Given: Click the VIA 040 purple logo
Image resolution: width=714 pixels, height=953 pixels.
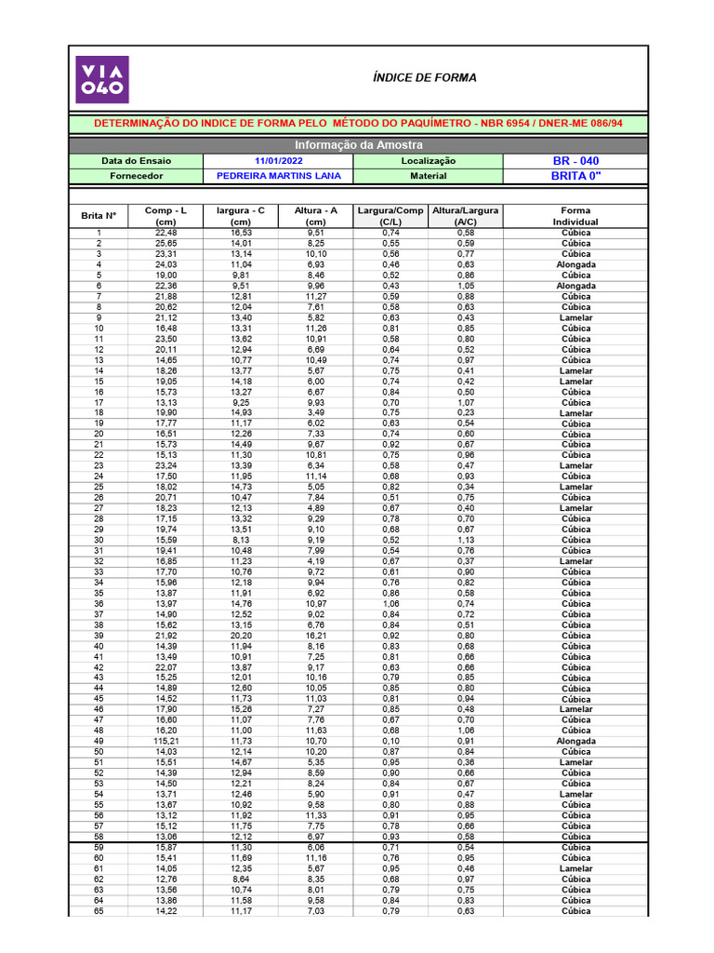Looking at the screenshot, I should click(x=102, y=79).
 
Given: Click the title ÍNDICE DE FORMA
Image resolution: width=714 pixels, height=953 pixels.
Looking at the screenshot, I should click(x=424, y=78).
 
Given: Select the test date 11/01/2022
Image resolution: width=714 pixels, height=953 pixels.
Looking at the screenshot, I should click(x=278, y=161).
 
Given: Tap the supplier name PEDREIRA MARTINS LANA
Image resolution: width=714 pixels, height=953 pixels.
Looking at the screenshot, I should click(x=278, y=175).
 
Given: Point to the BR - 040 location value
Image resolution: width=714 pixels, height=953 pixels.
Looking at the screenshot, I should click(x=575, y=161).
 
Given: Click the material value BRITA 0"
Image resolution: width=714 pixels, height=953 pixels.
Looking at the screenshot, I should click(x=575, y=175).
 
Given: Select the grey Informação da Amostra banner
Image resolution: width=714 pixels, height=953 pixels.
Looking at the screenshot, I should click(x=358, y=145).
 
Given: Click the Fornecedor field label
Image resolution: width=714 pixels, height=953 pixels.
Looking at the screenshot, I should click(x=136, y=175).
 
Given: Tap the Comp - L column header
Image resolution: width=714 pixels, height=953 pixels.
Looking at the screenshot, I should click(x=165, y=216).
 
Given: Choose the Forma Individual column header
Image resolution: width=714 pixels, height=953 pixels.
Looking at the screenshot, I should click(x=575, y=216).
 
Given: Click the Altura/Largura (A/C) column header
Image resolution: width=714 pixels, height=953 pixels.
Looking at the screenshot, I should click(x=466, y=216).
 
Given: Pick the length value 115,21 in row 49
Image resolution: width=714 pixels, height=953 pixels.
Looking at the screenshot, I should click(x=165, y=742).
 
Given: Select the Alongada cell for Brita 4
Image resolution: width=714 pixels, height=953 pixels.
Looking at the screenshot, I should click(x=575, y=265).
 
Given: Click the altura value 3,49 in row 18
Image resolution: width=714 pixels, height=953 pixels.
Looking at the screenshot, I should click(x=315, y=413).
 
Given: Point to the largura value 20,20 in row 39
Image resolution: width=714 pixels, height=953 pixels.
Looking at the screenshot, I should click(x=241, y=636).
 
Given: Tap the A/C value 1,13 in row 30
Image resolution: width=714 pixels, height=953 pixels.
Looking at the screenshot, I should click(x=466, y=541).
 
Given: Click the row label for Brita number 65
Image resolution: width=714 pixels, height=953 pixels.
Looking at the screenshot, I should click(x=99, y=911).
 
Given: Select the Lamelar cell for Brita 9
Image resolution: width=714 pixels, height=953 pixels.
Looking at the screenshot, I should click(x=575, y=318).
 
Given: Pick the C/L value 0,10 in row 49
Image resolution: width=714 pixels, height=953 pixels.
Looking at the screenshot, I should click(x=390, y=742).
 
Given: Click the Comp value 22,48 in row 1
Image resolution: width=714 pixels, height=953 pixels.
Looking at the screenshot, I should click(x=165, y=234).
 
